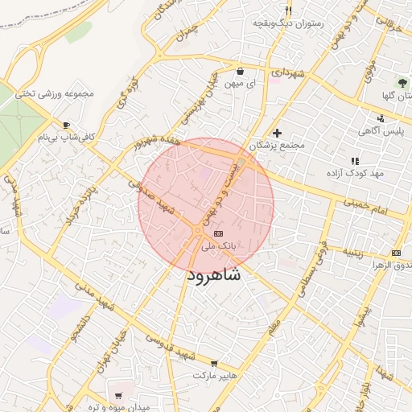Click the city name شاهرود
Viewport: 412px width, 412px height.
tap(213, 275)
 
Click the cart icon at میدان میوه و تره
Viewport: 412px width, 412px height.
tap(119, 396)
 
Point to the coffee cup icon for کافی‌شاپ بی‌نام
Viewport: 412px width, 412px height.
tap(67, 125)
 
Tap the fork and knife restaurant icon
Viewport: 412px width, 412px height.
tap(289, 10)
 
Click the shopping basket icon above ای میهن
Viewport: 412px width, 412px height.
tap(241, 72)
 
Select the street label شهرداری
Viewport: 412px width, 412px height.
tap(288, 73)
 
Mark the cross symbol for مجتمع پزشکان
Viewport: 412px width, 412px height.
tap(278, 133)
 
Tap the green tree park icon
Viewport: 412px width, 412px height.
tap(403, 83)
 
